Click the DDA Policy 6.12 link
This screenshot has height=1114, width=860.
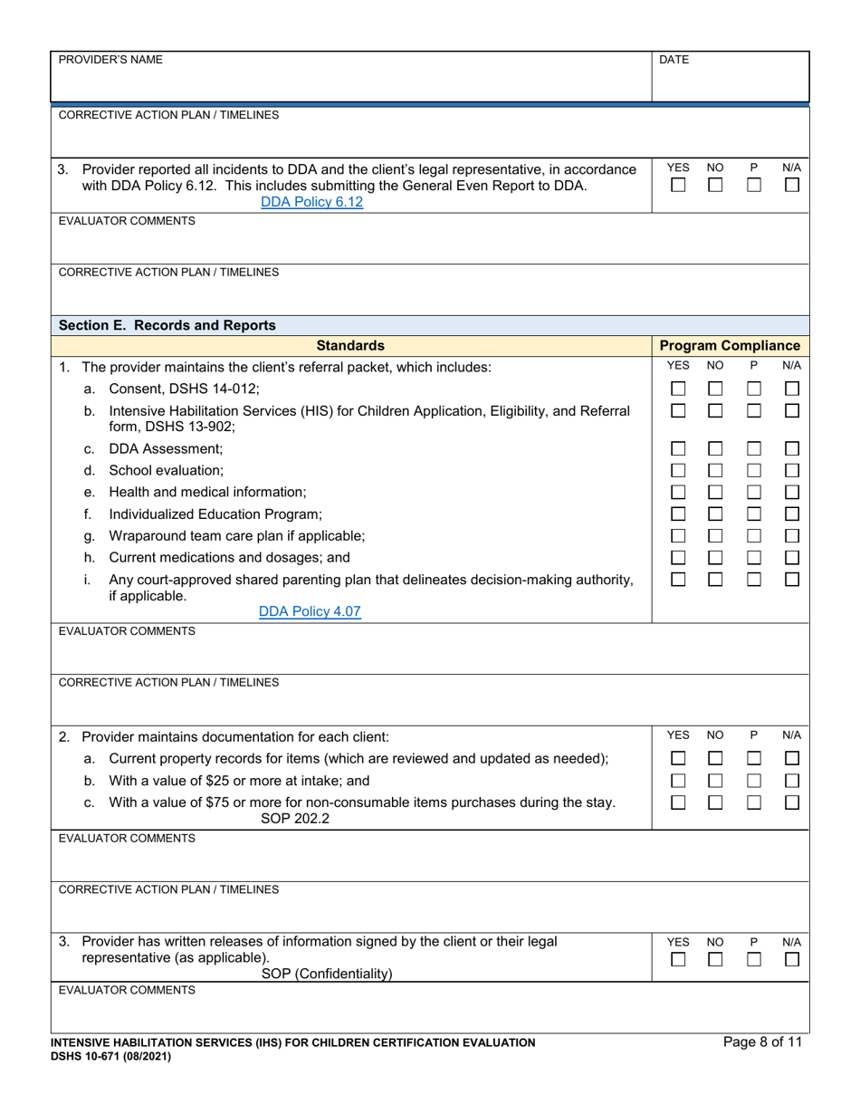[311, 202]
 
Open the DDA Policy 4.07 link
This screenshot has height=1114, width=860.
[310, 611]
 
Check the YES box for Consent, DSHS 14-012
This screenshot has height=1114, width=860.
[678, 389]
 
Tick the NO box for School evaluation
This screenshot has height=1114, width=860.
[715, 470]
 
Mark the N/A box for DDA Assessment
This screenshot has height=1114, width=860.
[792, 448]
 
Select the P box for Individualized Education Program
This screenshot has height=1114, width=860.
[754, 514]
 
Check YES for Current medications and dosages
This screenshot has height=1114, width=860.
[678, 557]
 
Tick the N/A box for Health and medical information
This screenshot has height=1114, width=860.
[792, 492]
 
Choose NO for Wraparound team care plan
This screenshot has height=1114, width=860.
[715, 535]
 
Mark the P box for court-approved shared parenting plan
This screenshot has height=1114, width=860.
[754, 579]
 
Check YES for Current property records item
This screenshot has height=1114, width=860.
[678, 758]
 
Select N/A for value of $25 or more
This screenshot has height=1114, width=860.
[792, 780]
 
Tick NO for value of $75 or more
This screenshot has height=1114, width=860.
[715, 802]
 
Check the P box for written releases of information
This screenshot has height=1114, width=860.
[754, 959]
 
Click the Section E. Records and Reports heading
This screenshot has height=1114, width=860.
[167, 325]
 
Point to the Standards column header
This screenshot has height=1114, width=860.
[350, 345]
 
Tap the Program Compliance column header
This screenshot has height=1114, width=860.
[730, 345]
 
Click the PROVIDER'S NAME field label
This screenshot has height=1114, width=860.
[110, 60]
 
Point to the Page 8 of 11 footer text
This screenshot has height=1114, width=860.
[762, 1042]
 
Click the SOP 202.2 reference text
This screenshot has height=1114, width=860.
[295, 818]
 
